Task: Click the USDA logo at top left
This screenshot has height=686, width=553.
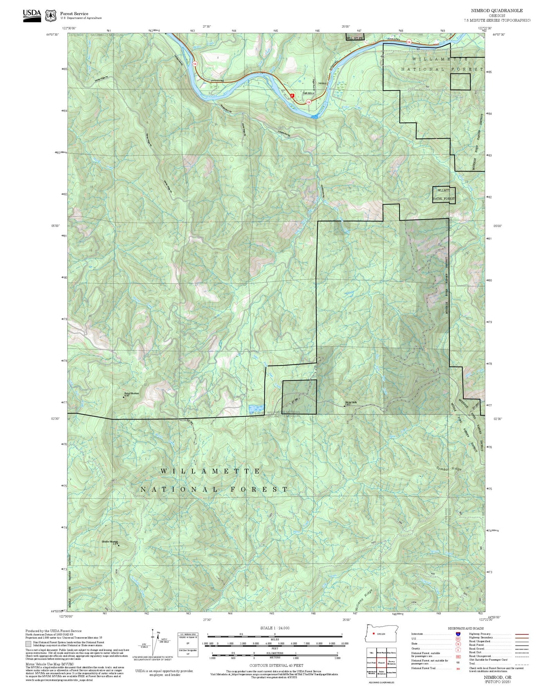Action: (x=32, y=15)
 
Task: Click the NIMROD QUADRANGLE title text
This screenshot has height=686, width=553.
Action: (x=496, y=10)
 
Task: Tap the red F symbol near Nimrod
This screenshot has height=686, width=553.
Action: (x=293, y=95)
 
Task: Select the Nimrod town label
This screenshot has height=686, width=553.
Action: (x=322, y=83)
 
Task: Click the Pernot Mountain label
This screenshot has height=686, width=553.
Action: (x=131, y=393)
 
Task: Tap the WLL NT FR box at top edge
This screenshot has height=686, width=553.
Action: (x=354, y=38)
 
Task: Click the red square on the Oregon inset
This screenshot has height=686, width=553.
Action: (x=374, y=633)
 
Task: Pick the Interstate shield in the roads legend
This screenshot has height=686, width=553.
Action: (x=458, y=634)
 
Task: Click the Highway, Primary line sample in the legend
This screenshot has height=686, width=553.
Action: (x=522, y=634)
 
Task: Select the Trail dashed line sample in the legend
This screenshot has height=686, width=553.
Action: (x=522, y=665)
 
